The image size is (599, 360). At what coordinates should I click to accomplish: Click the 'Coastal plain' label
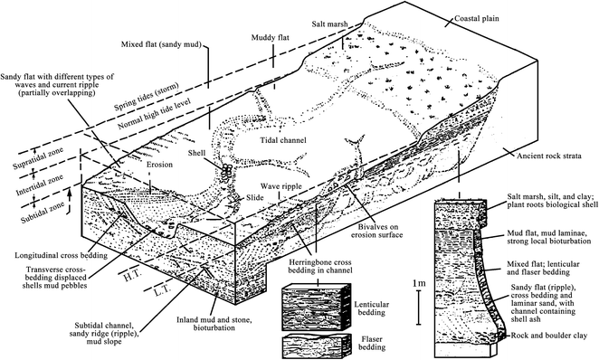click(476, 18)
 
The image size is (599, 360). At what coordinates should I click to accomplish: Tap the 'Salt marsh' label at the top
click(329, 24)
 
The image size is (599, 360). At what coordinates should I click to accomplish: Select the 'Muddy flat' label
click(270, 38)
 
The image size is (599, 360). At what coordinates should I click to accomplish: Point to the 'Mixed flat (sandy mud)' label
click(161, 44)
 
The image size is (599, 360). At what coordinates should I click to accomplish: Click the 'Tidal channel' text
click(283, 140)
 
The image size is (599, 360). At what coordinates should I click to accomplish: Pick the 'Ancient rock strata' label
click(549, 156)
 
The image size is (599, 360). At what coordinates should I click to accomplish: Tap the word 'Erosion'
click(159, 165)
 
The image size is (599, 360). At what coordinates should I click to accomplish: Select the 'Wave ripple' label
click(281, 186)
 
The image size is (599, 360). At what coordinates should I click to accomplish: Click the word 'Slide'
click(254, 197)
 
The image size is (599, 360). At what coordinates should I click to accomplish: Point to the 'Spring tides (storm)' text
click(147, 98)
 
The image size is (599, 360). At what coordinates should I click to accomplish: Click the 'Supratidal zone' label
click(38, 159)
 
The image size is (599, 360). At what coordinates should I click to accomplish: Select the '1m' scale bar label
click(419, 284)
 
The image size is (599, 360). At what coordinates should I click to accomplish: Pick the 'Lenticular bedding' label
click(371, 308)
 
